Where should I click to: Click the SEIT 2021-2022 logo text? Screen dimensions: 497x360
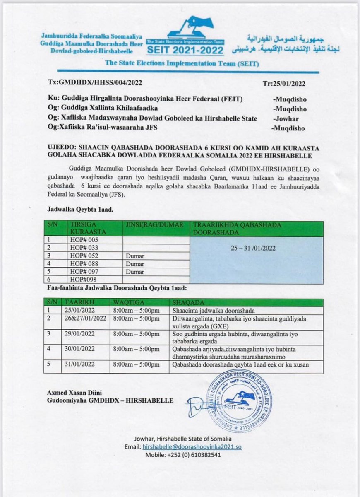(185, 51)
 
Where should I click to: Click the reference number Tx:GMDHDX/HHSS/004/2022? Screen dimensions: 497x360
(95, 83)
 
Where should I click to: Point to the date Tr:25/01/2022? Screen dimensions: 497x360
(284, 83)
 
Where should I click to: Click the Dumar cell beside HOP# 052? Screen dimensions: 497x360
(135, 256)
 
